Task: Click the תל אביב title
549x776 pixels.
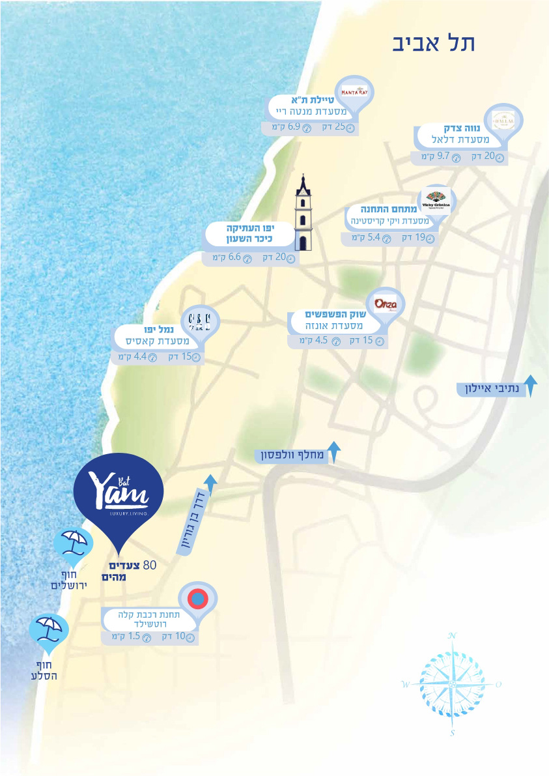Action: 434,42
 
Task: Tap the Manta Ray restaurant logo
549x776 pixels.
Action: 354,92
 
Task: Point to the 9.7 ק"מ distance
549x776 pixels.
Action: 436,156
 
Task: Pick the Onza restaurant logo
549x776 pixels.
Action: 386,305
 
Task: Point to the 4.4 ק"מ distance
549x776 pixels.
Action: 134,357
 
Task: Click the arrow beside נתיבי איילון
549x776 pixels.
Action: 531,385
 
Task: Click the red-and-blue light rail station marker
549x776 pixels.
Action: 198,597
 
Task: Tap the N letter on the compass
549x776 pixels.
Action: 453,635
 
